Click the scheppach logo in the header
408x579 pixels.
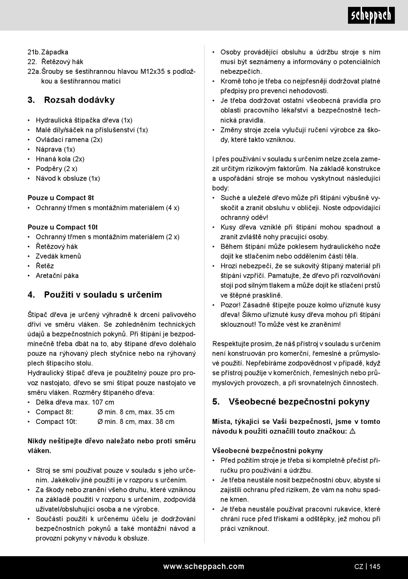tap(371, 15)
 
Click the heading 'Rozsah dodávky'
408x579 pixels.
tap(79, 100)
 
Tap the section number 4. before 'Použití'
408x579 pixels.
tap(31, 295)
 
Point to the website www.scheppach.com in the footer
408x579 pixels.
tap(204, 567)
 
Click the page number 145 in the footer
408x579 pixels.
tap(375, 567)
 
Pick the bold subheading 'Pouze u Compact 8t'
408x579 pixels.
tap(61, 198)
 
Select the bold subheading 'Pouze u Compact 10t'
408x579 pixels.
tap(63, 227)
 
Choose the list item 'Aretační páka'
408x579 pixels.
tap(57, 276)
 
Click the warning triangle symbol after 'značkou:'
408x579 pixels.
tap(352, 431)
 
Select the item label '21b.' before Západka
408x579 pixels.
tap(33, 52)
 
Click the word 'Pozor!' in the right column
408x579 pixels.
tap(231, 305)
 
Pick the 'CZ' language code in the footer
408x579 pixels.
tap(359, 567)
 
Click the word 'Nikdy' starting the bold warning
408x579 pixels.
tap(37, 441)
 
